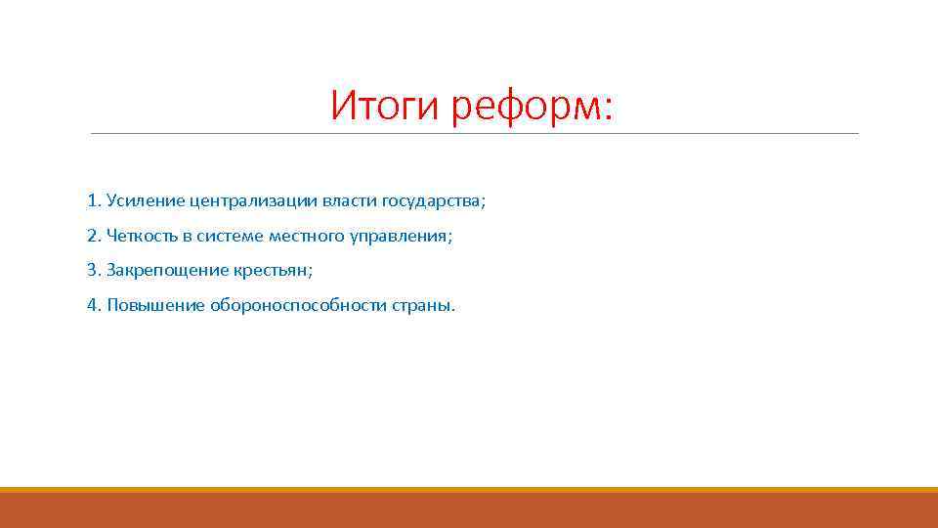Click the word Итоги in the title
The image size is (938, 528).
click(x=386, y=106)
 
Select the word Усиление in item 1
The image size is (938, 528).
click(x=140, y=200)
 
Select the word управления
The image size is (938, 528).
click(x=402, y=236)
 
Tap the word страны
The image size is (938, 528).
click(x=424, y=305)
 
